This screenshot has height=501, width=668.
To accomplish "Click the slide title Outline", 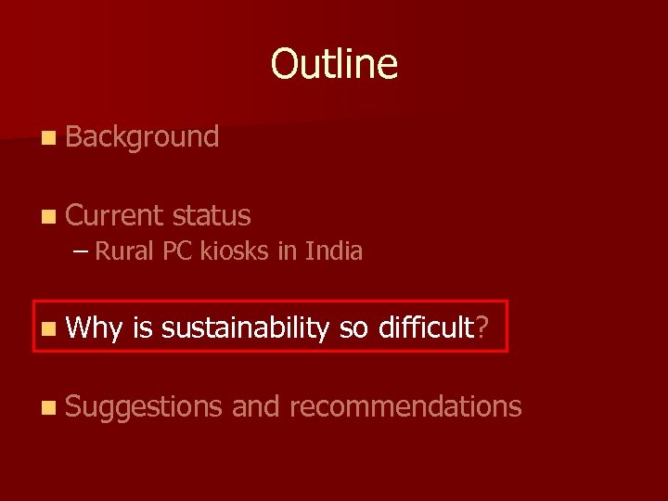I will coord(334,64).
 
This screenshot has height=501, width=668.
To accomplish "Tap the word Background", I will coord(142,137).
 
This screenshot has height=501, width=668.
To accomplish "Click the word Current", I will coord(115,215).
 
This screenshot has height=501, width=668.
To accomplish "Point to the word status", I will coord(212,215).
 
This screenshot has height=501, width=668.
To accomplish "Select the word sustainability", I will coord(245,328).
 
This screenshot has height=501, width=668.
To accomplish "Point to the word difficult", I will coord(426,327).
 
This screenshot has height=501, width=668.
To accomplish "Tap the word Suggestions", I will coord(144,406).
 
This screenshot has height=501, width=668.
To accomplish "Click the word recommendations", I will coord(405,405).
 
